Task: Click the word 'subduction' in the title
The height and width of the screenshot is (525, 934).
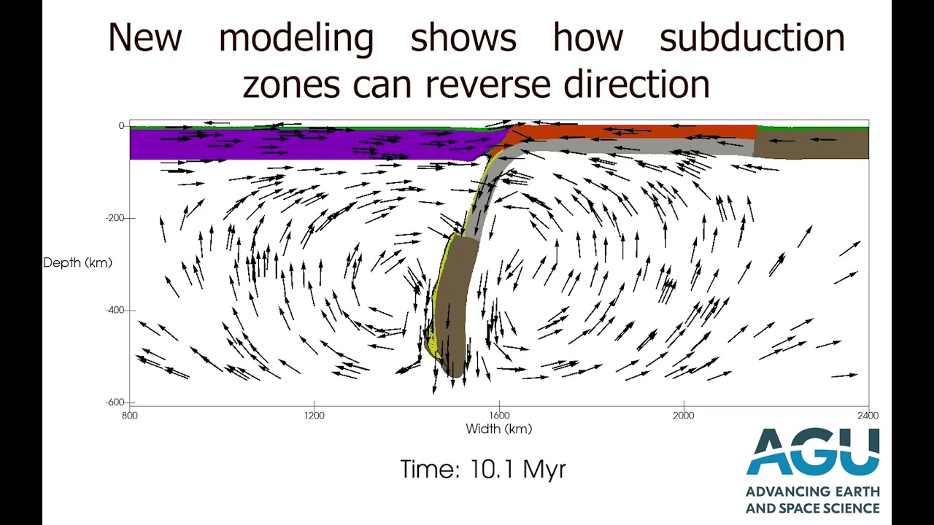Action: (752, 38)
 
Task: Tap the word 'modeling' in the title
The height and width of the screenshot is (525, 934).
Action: (296, 38)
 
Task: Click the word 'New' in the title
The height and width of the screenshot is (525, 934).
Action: (144, 38)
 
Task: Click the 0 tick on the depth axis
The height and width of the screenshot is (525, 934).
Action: (121, 125)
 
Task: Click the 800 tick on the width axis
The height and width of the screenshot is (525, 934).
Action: (130, 415)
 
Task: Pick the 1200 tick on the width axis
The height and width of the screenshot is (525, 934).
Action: (314, 415)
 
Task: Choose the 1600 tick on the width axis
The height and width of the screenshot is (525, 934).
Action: (499, 415)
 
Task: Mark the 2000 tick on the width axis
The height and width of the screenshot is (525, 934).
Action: (684, 415)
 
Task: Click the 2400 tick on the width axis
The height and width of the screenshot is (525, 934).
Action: (868, 415)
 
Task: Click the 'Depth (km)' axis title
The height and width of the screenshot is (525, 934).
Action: (77, 262)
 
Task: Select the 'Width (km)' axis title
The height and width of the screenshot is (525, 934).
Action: (498, 429)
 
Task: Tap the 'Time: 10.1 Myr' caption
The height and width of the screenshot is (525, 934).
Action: (483, 469)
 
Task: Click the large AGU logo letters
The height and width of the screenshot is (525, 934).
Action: (812, 452)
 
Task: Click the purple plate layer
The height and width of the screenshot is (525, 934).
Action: (292, 144)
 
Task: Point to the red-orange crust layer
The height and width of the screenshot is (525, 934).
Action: (635, 133)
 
